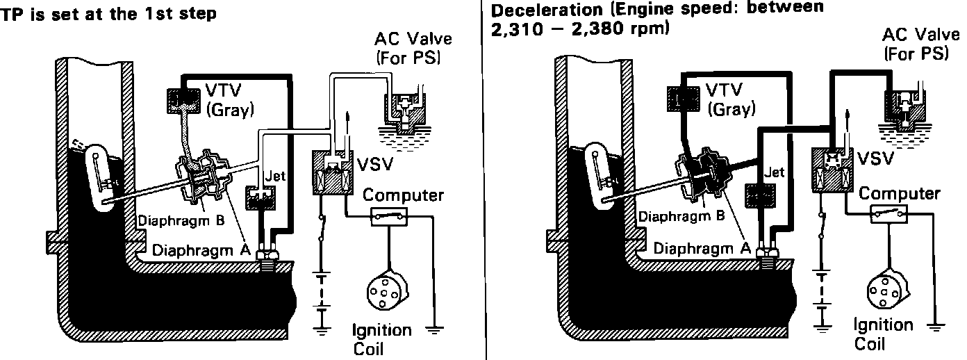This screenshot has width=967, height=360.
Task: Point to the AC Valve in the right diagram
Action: [906, 104]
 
